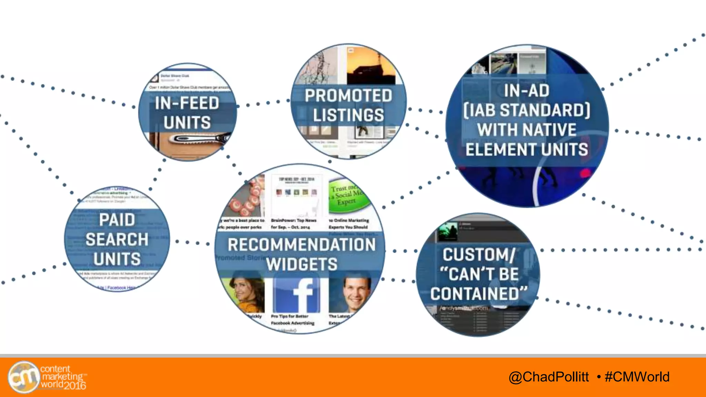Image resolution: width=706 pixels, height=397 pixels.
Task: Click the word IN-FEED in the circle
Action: pyautogui.click(x=187, y=103)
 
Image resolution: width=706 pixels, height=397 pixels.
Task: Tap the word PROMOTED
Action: pyautogui.click(x=348, y=96)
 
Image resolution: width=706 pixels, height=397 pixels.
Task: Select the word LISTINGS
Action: pyautogui.click(x=348, y=115)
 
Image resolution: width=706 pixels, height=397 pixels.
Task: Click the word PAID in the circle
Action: pyautogui.click(x=117, y=220)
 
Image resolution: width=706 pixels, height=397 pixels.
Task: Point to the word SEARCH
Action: pyautogui.click(x=117, y=240)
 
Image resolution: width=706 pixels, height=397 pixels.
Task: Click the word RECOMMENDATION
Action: pyautogui.click(x=302, y=245)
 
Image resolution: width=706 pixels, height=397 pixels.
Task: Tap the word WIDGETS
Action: pyautogui.click(x=302, y=264)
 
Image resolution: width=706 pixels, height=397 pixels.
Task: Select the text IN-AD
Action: pyautogui.click(x=526, y=91)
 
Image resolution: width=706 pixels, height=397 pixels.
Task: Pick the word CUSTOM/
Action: pyautogui.click(x=479, y=255)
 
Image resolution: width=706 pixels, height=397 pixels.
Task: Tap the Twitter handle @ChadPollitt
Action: pyautogui.click(x=549, y=377)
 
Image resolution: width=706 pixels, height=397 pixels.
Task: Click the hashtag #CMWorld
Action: pyautogui.click(x=637, y=377)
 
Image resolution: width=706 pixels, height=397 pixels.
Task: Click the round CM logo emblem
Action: pyautogui.click(x=23, y=377)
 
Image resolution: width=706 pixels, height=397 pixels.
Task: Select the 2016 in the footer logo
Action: pyautogui.click(x=75, y=385)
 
